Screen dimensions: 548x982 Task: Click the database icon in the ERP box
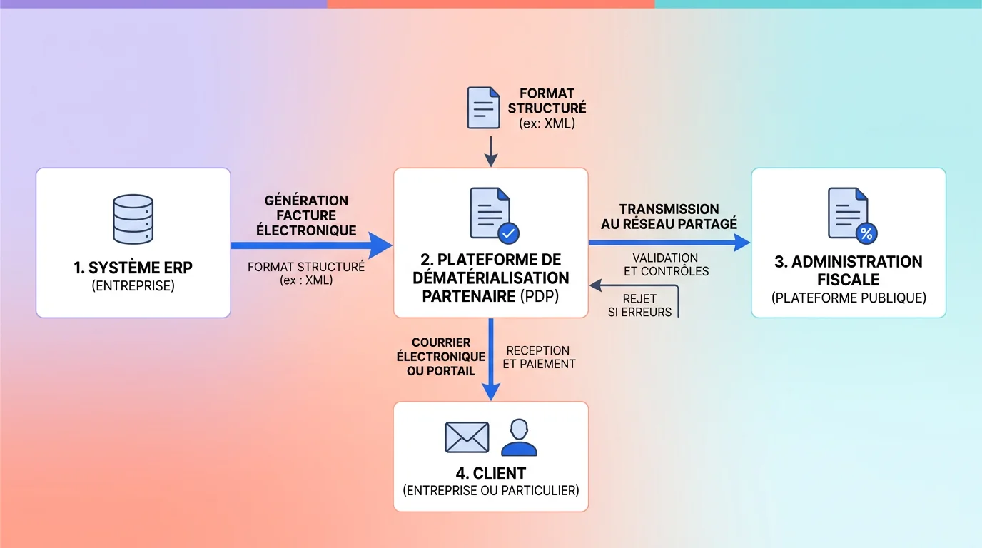(x=133, y=220)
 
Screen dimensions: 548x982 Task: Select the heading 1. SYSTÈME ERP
(x=133, y=268)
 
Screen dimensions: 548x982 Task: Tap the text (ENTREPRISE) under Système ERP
(x=133, y=286)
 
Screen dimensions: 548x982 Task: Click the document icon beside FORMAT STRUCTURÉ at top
(x=483, y=108)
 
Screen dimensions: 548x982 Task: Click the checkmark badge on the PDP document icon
(x=508, y=233)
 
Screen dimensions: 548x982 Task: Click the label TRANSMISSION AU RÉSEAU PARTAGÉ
(x=669, y=216)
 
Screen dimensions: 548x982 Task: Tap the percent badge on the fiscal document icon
(x=866, y=233)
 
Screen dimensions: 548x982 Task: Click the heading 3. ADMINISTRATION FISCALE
(x=848, y=270)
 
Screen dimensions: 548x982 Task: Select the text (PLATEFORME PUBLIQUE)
(x=849, y=298)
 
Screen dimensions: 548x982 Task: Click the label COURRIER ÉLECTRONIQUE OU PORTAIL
(x=440, y=357)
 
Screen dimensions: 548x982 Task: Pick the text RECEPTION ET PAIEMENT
(x=540, y=357)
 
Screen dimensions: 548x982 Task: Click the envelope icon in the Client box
(x=467, y=437)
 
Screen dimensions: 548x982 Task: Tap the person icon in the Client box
(x=518, y=437)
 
